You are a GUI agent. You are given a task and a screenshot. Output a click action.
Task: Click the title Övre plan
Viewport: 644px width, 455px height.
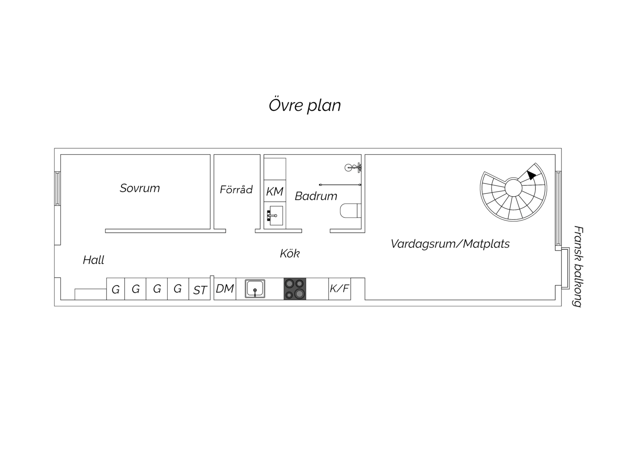tap(305, 105)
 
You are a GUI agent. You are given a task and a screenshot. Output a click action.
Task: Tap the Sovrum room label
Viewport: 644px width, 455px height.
tap(140, 188)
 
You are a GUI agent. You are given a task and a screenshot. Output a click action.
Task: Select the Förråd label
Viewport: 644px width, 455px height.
tap(236, 189)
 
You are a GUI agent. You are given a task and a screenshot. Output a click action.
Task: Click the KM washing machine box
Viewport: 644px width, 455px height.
tap(275, 191)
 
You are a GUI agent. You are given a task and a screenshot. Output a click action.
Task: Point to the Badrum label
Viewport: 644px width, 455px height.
tap(316, 196)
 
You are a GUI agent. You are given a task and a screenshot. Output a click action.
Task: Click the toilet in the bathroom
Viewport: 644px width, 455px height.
tap(351, 211)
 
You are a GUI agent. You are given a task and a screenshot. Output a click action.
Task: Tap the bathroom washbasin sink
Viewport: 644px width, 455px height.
tap(275, 216)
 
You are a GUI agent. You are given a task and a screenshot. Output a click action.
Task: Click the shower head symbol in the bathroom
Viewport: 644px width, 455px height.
tap(353, 167)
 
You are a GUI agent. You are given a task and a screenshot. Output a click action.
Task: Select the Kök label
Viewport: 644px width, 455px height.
tap(290, 254)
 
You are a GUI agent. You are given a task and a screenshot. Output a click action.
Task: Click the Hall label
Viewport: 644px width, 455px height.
tap(94, 260)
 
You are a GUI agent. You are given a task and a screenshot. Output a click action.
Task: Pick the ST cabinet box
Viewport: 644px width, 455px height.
tap(199, 289)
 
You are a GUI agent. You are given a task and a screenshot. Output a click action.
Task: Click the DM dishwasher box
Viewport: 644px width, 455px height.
tap(225, 289)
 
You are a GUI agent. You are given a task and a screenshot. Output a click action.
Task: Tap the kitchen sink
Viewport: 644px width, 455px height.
tap(255, 289)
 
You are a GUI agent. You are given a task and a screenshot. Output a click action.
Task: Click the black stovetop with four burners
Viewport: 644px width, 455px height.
tap(295, 289)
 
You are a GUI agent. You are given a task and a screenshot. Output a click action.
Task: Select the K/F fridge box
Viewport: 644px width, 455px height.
tap(340, 289)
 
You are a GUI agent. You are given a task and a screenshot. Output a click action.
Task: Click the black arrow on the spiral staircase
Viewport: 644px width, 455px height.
tap(531, 175)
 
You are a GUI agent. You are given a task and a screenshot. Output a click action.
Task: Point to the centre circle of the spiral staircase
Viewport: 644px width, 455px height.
tap(513, 188)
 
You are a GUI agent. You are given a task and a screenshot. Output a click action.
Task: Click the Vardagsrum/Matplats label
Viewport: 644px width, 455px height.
tap(450, 244)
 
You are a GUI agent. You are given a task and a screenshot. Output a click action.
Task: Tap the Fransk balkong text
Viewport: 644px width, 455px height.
tap(577, 266)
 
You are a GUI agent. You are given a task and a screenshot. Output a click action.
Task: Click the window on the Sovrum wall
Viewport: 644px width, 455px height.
tap(57, 189)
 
